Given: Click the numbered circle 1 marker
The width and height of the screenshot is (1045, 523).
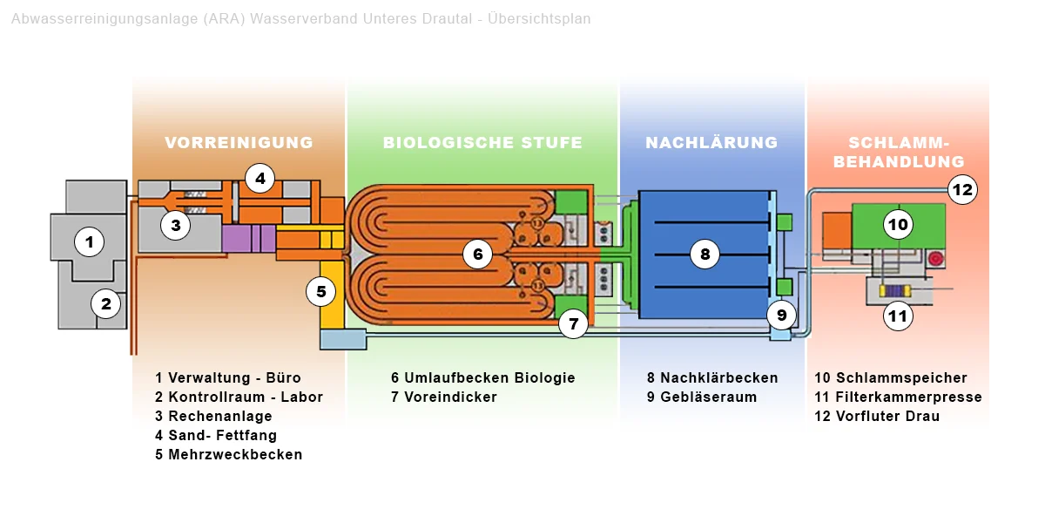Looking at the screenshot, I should coord(89,241).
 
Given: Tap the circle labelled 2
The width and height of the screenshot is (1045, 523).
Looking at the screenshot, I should coord(106,304).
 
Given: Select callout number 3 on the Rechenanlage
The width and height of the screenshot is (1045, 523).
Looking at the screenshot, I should coord(175,225).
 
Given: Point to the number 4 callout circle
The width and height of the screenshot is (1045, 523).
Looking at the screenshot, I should coord(260,179).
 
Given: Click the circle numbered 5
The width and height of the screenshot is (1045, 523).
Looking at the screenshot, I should coord(320,291).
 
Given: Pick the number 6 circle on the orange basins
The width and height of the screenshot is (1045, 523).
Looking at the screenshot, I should coord(477,254).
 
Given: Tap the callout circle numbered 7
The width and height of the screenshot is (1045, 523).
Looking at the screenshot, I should coord(573,324).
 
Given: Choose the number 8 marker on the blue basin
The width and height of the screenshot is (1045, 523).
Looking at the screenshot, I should coord(705,254).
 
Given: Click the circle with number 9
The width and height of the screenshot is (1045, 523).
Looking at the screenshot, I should coord(781,315).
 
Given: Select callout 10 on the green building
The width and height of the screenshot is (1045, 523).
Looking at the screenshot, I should coord(898,225).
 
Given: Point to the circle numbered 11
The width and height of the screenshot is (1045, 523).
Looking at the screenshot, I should coord(898,316).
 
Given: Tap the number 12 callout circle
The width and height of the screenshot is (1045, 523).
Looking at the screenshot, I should coord(962,189).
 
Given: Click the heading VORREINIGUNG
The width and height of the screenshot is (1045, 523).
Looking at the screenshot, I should coord(239,143).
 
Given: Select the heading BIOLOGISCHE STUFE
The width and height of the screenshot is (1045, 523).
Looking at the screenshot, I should coord(482,143).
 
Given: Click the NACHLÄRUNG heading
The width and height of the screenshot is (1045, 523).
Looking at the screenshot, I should coord(711,143).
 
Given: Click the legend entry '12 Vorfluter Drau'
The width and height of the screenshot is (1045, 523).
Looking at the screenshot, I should coord(877,416).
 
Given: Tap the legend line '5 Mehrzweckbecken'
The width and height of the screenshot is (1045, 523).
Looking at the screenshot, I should coord(229,454).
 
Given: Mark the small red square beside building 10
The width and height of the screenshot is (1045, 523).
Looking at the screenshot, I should coord(936,257).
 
